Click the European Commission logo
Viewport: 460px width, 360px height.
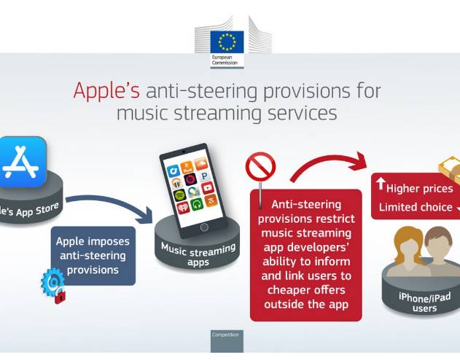click(227, 46)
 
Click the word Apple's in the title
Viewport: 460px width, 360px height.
click(106, 90)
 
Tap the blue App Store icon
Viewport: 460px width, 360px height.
click(23, 162)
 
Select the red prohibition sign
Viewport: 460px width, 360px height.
click(260, 168)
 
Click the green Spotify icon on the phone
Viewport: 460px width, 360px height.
click(179, 195)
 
